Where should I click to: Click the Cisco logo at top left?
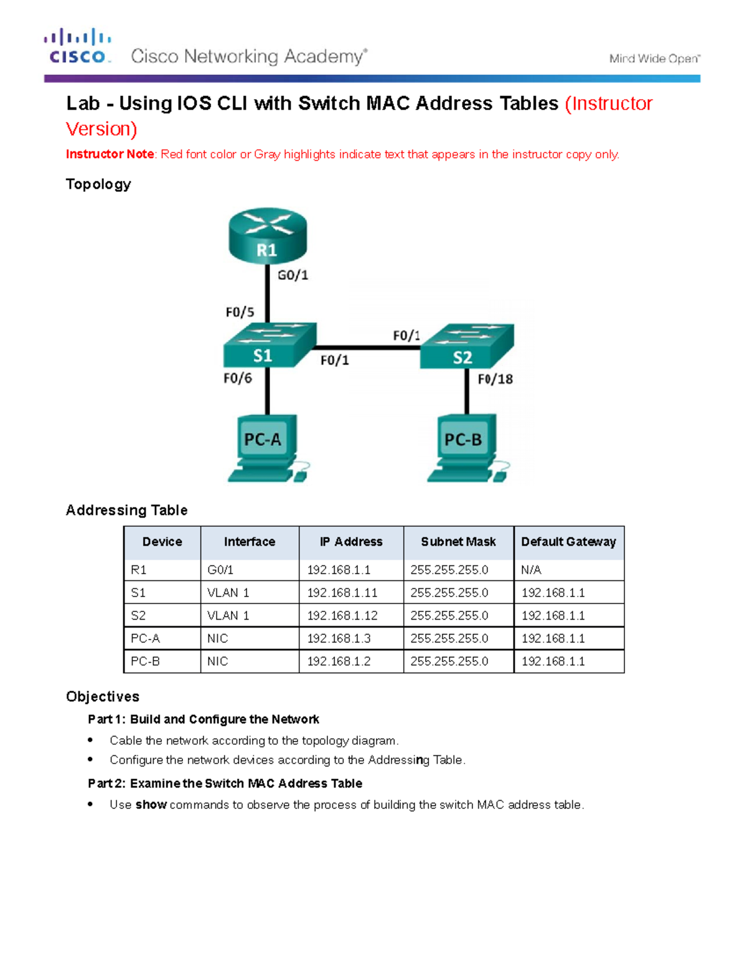coord(77,46)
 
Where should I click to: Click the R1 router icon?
coord(268,236)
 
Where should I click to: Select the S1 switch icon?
coord(269,346)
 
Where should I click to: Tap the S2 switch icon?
coord(467,346)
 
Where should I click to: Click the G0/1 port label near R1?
coord(293,275)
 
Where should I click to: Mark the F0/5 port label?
coord(240,312)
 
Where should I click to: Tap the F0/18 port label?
coord(495,379)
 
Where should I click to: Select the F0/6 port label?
coord(238,378)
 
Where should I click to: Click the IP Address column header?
coord(351,542)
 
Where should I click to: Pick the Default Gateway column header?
coord(568,542)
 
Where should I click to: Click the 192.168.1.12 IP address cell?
coord(342,616)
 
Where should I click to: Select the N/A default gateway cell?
coord(531,570)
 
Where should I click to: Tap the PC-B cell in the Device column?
coord(145,661)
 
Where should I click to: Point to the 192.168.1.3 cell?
coord(339,638)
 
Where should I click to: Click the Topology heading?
coord(98,184)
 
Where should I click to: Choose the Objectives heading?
coord(103,697)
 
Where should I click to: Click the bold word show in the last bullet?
coord(151,804)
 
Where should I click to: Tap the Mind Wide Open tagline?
coord(654,59)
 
